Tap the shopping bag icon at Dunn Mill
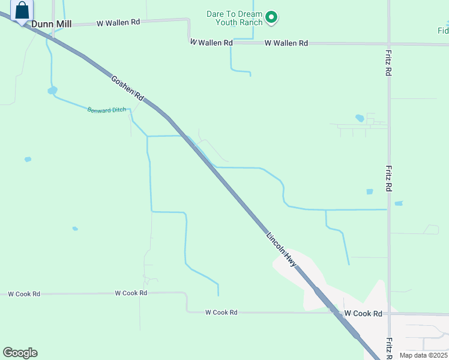coord(22,10)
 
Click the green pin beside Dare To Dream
coord(271,17)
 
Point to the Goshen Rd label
coord(128,88)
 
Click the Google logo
coord(20,353)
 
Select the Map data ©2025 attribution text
coord(423,355)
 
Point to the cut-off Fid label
coord(443,31)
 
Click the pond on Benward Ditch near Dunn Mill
coord(52,91)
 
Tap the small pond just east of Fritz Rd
coord(399,203)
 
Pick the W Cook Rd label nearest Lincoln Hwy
coord(363,314)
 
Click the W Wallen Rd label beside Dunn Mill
coord(118,22)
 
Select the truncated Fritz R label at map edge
coord(389,346)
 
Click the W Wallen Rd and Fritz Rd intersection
coord(389,43)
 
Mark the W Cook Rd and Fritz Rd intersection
coord(389,313)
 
